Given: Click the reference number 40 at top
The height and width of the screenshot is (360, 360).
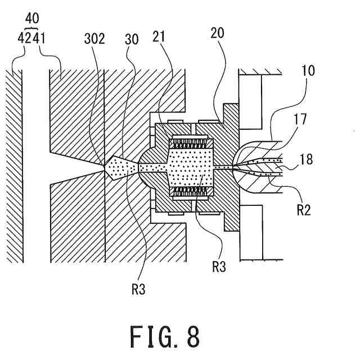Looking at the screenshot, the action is [32, 19].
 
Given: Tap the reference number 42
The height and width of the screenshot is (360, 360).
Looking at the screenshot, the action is [25, 38].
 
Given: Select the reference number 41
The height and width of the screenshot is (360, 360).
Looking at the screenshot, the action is [39, 38].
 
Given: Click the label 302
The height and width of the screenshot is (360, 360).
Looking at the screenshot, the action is [94, 39].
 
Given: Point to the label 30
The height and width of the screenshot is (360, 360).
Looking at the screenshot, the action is [132, 39].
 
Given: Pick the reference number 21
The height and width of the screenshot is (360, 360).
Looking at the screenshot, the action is [159, 36].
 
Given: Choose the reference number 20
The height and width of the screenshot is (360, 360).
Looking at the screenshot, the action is [217, 33].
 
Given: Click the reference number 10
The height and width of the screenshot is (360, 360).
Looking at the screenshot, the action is [308, 70].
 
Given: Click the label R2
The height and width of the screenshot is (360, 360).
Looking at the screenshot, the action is [304, 210].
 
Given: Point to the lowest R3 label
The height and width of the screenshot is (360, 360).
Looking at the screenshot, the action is [138, 289].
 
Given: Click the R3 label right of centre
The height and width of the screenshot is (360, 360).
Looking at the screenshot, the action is [219, 267].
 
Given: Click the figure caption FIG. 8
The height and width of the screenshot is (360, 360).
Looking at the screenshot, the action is [165, 337].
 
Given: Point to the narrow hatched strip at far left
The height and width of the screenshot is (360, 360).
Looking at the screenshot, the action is [14, 166].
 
